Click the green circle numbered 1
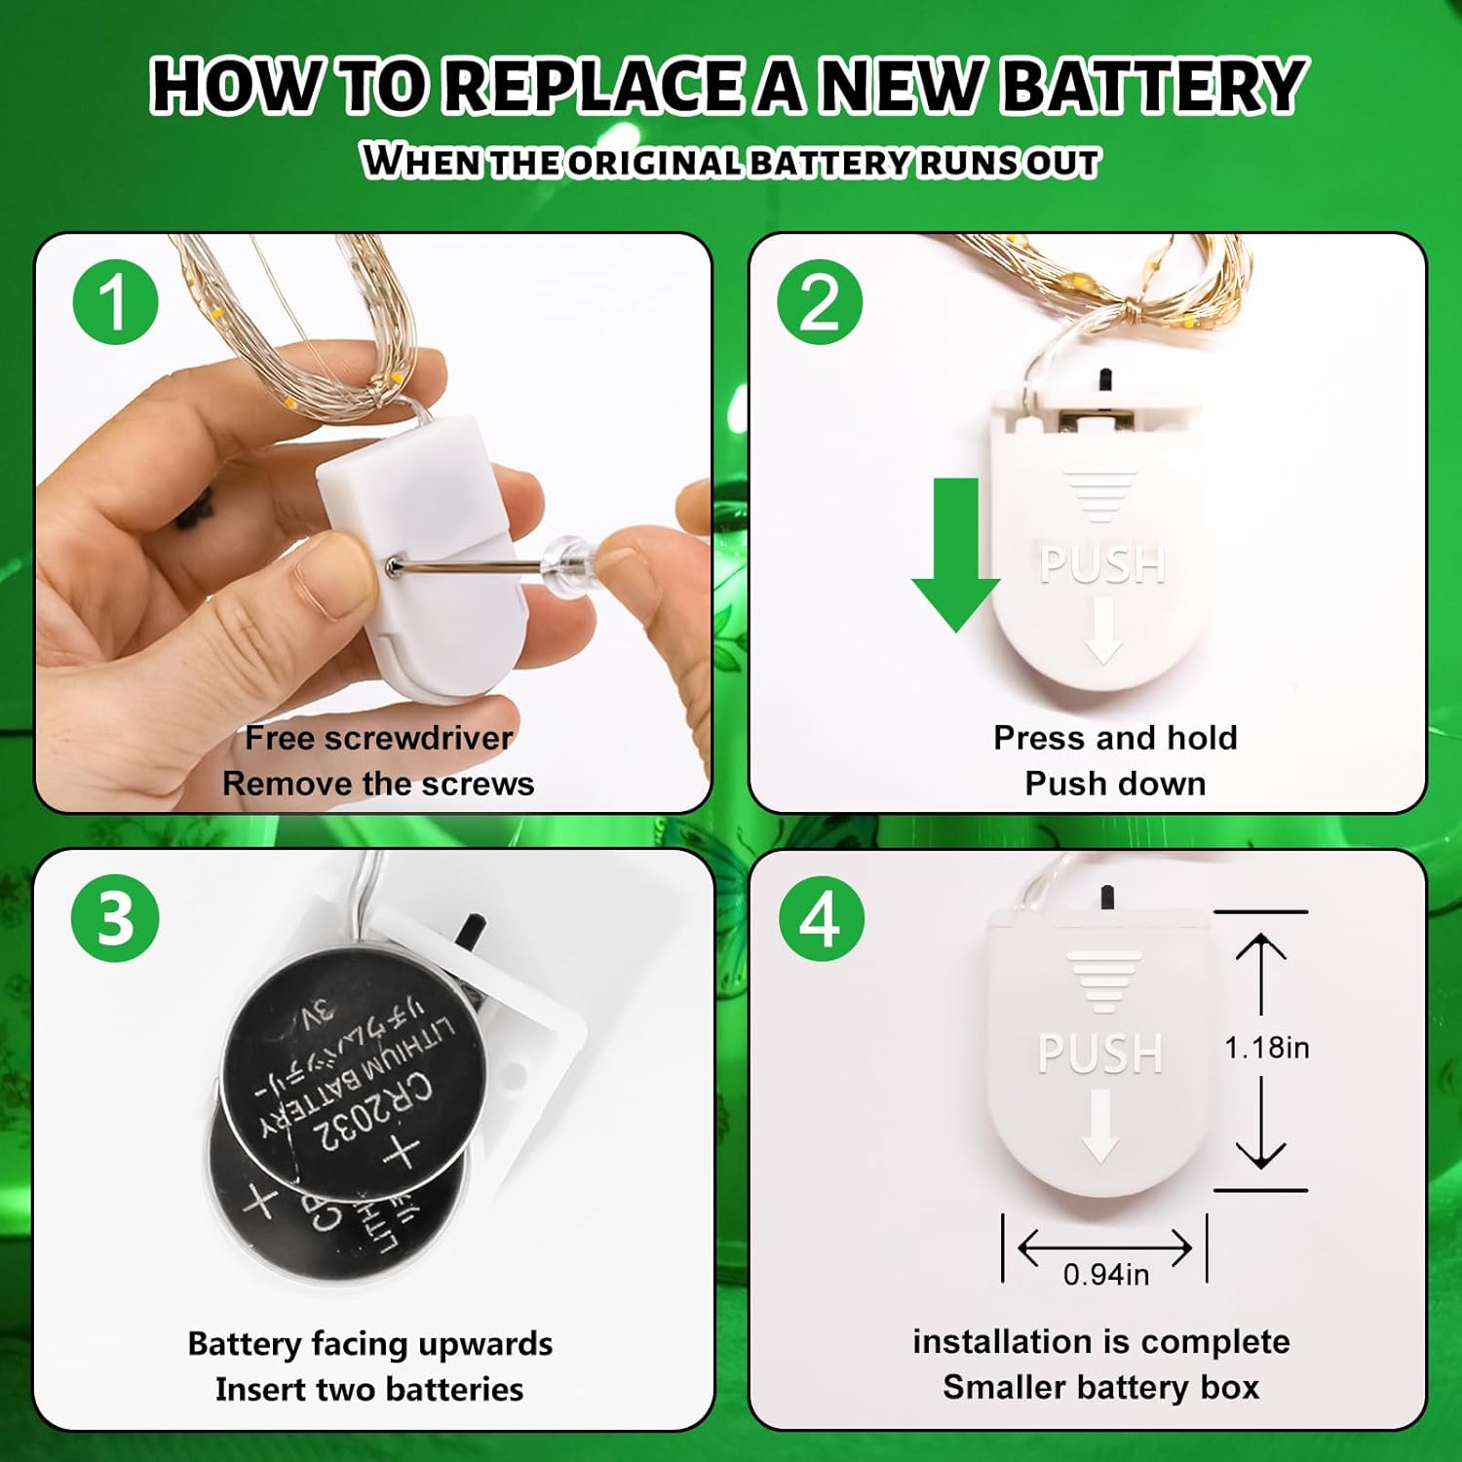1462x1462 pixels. click(116, 301)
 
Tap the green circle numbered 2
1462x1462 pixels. click(820, 301)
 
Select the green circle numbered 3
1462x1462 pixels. click(115, 917)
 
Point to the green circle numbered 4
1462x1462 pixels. click(822, 917)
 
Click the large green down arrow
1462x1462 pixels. click(955, 554)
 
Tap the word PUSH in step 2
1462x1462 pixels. click(1102, 564)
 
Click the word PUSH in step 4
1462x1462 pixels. click(1100, 1054)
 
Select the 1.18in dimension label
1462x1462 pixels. click(1267, 1048)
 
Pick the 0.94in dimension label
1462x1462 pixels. click(1106, 1274)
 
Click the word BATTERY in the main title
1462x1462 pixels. click(1153, 86)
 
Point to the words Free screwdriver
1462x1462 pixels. click(378, 738)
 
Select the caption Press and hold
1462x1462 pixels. click(1115, 738)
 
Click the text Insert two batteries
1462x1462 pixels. click(369, 1388)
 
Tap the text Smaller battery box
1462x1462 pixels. click(1101, 1386)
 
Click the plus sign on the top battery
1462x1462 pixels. click(401, 1153)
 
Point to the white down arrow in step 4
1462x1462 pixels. click(1100, 1126)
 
